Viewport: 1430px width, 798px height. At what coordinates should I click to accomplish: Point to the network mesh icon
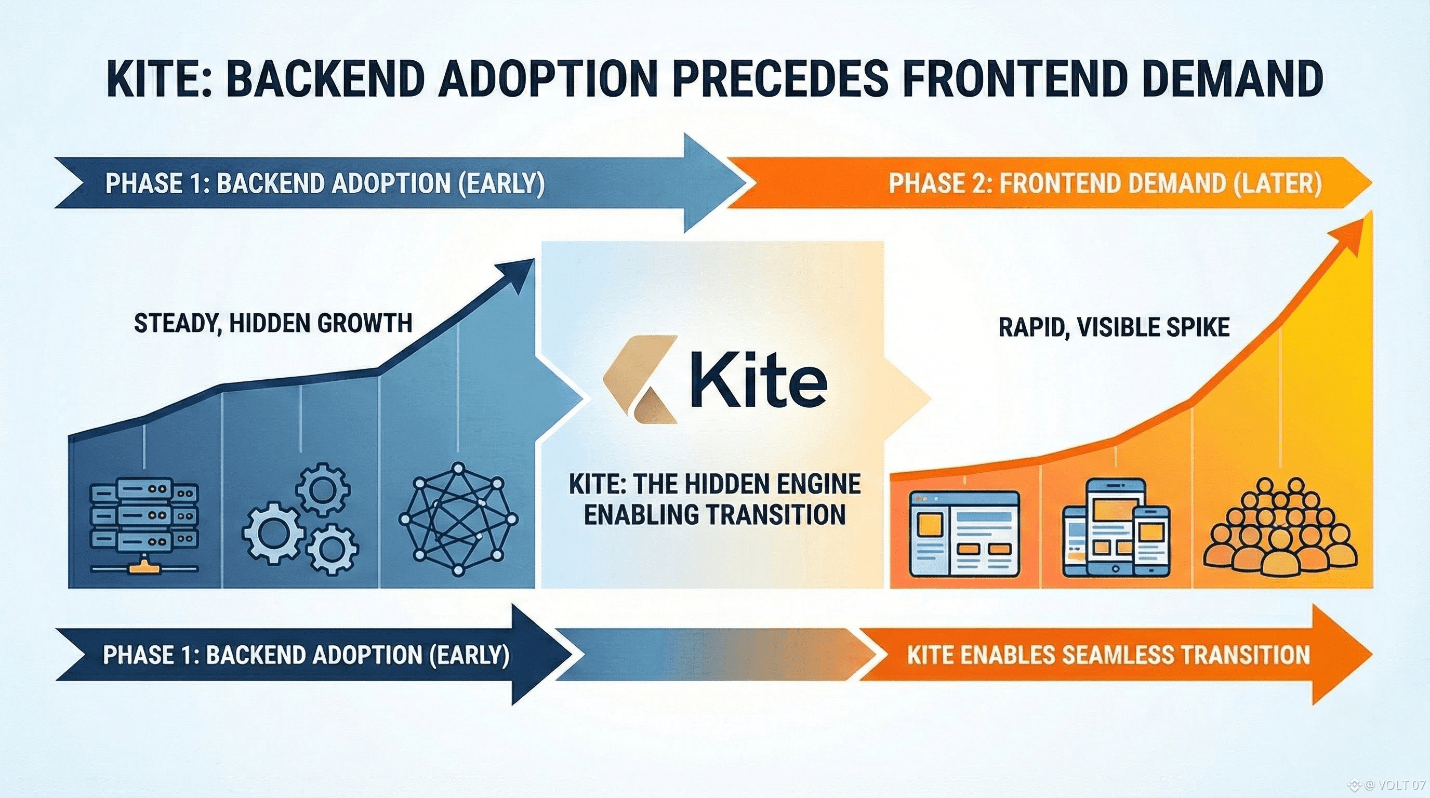(x=458, y=520)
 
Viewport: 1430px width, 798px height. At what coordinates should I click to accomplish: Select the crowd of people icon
(x=1281, y=527)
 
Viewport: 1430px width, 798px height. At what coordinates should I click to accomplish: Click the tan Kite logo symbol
(x=640, y=379)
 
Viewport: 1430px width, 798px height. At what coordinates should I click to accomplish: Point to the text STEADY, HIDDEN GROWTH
(x=273, y=323)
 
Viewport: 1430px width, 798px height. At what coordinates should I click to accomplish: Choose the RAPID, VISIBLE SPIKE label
(x=1114, y=327)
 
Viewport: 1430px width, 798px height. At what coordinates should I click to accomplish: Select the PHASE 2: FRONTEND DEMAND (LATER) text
(x=1105, y=184)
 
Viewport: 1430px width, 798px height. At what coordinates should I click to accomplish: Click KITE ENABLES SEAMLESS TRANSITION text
(x=1108, y=655)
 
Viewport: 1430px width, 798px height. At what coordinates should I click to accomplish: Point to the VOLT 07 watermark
(x=1402, y=784)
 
